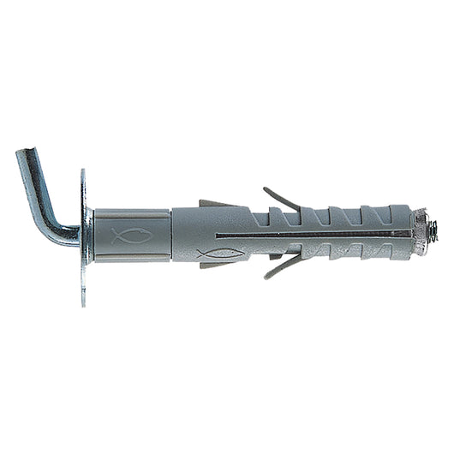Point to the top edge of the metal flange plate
[x=83, y=173]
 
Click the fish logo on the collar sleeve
[x=131, y=235]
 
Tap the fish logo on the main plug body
[x=218, y=254]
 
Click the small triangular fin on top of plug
[x=214, y=204]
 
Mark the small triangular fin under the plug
[x=214, y=263]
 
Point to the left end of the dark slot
[x=219, y=234]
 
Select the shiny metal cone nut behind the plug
[x=419, y=231]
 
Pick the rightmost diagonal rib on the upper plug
[x=396, y=215]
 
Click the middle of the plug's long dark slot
[x=313, y=233]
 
